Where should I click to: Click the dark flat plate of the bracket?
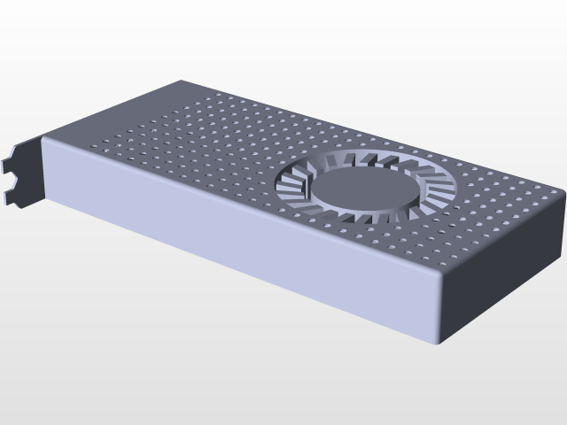[32, 173]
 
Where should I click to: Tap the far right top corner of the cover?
[560, 190]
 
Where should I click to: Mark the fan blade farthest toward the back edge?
[372, 158]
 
